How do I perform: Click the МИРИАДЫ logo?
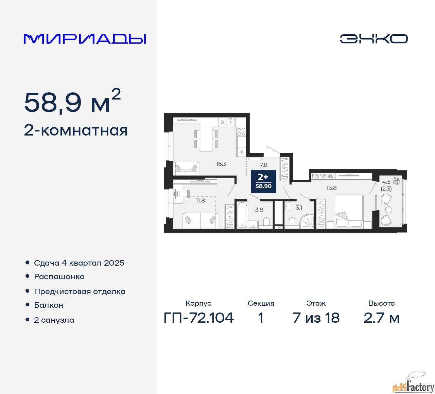[x=85, y=39]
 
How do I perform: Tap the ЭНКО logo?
[x=373, y=39]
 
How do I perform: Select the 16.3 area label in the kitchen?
[x=221, y=164]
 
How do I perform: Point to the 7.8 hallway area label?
[x=263, y=165]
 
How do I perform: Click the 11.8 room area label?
[x=200, y=200]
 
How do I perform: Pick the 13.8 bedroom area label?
[x=331, y=188]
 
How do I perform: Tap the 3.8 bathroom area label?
[x=259, y=210]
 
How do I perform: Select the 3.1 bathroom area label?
[x=299, y=208]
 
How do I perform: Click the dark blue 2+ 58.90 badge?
[x=263, y=181]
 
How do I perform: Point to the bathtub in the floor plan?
[x=242, y=215]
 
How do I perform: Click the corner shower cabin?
[x=307, y=221]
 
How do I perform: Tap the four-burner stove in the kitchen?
[x=241, y=132]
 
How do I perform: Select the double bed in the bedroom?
[x=349, y=211]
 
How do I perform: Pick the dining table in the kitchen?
[x=206, y=139]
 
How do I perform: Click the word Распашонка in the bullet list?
[x=59, y=277]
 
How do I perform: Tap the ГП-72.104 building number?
[x=198, y=318]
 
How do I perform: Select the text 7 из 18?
[x=316, y=318]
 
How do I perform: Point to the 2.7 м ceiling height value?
[x=381, y=318]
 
